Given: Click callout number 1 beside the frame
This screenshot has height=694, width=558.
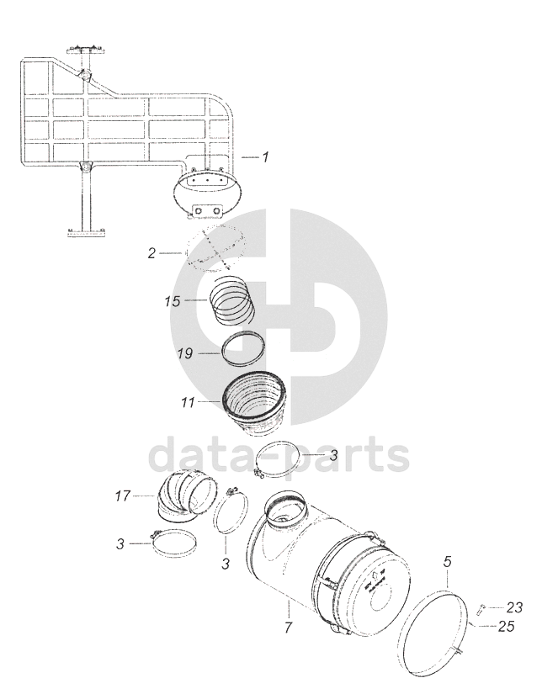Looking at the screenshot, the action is click(x=265, y=157).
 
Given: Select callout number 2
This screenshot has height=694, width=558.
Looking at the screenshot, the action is click(x=151, y=253).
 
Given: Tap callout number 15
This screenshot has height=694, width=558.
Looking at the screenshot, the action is click(x=173, y=301).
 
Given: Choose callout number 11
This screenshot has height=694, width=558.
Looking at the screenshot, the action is click(x=188, y=403).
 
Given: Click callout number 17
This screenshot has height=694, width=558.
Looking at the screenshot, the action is click(x=123, y=495).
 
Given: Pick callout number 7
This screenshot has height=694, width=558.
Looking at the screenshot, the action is click(x=289, y=627).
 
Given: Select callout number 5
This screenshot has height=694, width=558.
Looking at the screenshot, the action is click(x=447, y=562).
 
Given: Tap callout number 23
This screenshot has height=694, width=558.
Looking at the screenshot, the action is click(x=514, y=607).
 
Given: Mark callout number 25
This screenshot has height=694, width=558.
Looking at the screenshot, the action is click(x=506, y=626).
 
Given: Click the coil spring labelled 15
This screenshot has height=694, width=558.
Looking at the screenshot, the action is click(x=232, y=300).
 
